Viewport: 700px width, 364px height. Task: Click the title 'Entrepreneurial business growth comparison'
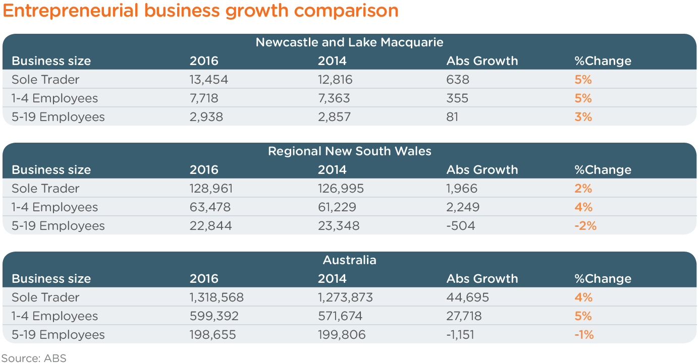(x=200, y=11)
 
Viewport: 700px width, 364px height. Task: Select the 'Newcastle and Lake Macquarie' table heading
(x=349, y=42)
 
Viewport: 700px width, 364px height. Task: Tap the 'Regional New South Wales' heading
(x=349, y=151)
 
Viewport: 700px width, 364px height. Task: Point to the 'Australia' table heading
(x=349, y=260)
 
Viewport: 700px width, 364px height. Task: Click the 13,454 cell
(x=208, y=80)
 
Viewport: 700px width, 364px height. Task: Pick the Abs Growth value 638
(x=457, y=80)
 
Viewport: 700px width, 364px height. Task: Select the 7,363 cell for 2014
(x=334, y=98)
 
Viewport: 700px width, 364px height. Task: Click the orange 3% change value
(x=583, y=117)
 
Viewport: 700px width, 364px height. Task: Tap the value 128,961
(x=211, y=189)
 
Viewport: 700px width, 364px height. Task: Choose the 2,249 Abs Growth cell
(x=462, y=207)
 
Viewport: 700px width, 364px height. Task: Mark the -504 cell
(x=460, y=226)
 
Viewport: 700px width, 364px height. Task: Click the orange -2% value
(x=585, y=226)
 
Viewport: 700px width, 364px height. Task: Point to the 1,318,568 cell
(x=217, y=297)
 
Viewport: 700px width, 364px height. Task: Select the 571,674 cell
(x=340, y=316)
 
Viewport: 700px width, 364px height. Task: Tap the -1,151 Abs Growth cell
(x=460, y=335)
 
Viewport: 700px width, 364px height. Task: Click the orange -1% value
(x=584, y=335)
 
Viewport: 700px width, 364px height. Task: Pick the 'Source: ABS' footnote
(x=34, y=358)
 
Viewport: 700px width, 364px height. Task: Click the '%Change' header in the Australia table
(x=603, y=279)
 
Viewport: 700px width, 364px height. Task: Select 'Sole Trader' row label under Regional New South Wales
(x=45, y=189)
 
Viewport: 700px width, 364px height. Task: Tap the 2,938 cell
(x=206, y=117)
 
